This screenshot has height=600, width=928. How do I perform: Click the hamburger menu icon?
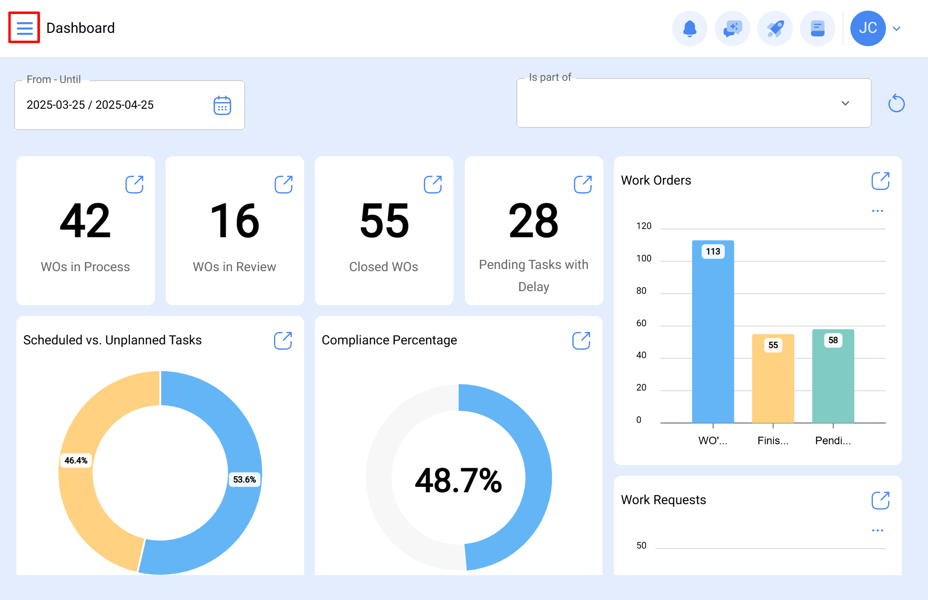(x=24, y=28)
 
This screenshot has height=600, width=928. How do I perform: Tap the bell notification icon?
(x=690, y=29)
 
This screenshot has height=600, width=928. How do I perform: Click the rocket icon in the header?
(x=775, y=29)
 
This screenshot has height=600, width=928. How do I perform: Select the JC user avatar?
(x=868, y=29)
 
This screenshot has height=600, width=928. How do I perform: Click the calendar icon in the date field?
(x=222, y=106)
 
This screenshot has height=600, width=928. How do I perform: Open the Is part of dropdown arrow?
(x=845, y=103)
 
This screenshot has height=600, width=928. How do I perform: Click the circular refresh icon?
(x=896, y=103)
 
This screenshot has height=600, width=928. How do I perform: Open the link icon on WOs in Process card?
(x=134, y=185)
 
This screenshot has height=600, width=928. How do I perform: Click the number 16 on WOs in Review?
(x=234, y=221)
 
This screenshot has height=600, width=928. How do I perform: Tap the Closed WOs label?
(x=384, y=267)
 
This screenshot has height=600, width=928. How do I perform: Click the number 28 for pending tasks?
(x=533, y=221)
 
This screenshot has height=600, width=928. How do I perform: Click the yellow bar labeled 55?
(x=773, y=382)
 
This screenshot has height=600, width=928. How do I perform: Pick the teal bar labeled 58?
(x=833, y=379)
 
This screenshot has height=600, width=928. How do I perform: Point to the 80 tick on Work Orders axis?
(x=641, y=291)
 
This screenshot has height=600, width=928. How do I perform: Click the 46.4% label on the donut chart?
(x=76, y=461)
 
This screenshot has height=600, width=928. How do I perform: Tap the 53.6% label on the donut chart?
(x=244, y=480)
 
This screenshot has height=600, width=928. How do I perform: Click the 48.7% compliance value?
(x=458, y=481)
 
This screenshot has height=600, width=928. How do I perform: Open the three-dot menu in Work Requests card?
(x=877, y=530)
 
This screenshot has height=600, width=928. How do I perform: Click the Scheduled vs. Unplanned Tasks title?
(x=112, y=340)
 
